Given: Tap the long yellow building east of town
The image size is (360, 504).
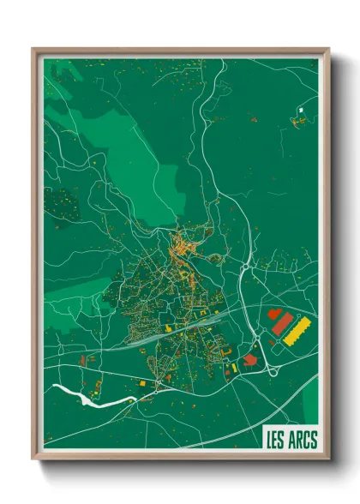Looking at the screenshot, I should tap(297, 330).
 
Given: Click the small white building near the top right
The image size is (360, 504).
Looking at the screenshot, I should tap(301, 110).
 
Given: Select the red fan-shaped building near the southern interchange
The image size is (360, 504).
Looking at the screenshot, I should tap(249, 359).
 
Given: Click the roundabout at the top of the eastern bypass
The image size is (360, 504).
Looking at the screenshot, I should tap(246, 268).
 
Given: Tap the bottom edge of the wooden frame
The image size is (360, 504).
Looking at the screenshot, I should tap(180, 462).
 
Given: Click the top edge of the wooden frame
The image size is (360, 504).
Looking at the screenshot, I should tap(180, 51).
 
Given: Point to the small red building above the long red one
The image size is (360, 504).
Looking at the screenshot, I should tap(274, 315).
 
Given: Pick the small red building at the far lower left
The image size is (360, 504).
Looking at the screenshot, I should tap(82, 360).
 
